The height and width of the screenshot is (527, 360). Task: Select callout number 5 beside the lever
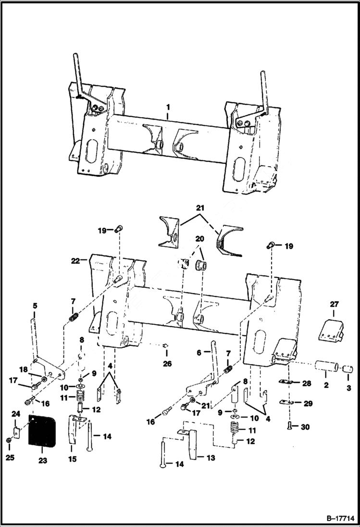tap(35, 306)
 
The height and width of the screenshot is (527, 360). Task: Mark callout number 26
tap(167, 364)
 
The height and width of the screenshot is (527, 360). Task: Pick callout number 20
tap(199, 239)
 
